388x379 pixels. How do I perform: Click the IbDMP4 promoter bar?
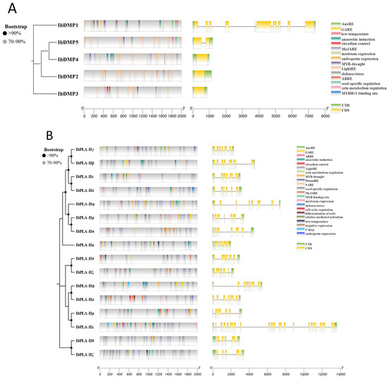pos(133,59)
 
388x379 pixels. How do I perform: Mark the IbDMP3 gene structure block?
pos(200,92)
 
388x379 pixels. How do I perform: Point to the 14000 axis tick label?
pos(340,374)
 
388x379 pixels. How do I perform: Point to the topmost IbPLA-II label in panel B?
pos(85,150)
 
